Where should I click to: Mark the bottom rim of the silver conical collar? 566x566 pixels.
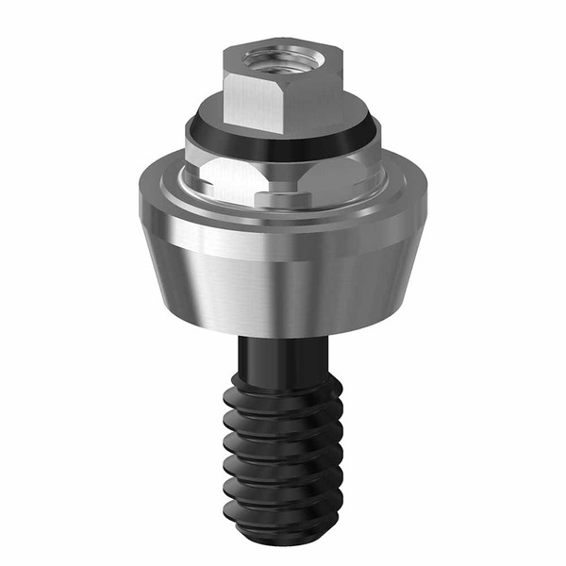(283, 330)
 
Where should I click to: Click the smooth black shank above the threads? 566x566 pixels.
(283, 358)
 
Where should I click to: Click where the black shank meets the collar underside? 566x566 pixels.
(283, 338)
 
